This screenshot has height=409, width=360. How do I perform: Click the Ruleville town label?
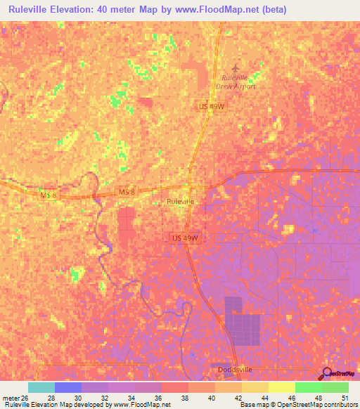pyautogui.click(x=180, y=201)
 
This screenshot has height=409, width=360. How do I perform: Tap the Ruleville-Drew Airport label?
pyautogui.click(x=237, y=82)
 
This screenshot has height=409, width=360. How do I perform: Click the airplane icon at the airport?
pyautogui.click(x=235, y=67)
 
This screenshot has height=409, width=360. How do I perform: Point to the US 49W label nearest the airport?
pyautogui.click(x=210, y=106)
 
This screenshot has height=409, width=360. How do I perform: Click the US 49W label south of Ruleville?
pyautogui.click(x=185, y=238)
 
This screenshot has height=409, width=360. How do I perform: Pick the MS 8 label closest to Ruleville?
pyautogui.click(x=126, y=192)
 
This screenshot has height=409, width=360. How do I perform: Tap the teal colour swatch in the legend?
pyautogui.click(x=41, y=387)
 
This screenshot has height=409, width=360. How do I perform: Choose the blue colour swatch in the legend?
pyautogui.click(x=68, y=387)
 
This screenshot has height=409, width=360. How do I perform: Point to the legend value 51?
pyautogui.click(x=345, y=397)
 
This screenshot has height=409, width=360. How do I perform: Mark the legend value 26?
pyautogui.click(x=28, y=397)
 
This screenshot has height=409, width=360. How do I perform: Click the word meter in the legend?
pyautogui.click(x=10, y=397)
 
